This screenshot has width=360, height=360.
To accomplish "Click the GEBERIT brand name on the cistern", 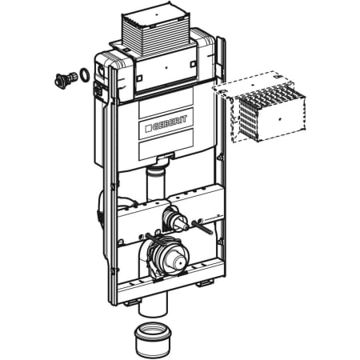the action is pyautogui.click(x=170, y=123).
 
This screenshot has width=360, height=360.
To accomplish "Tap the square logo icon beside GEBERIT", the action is pyautogui.click(x=148, y=129).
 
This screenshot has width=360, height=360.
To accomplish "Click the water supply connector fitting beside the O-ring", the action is pyautogui.click(x=65, y=79).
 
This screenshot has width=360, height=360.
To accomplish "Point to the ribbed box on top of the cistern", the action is pyautogui.click(x=157, y=32).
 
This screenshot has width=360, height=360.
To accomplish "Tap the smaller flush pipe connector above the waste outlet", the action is pyautogui.click(x=175, y=219).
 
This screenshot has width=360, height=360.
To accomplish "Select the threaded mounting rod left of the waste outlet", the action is pyautogui.click(x=154, y=239).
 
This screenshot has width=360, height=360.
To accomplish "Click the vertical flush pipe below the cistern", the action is pyautogui.click(x=156, y=183).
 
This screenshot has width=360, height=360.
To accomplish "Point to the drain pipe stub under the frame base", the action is pyautogui.click(x=153, y=303).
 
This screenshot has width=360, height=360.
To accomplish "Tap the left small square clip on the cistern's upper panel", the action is pyautogui.click(x=139, y=78).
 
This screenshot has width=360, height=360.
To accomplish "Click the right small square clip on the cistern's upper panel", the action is pyautogui.click(x=192, y=65).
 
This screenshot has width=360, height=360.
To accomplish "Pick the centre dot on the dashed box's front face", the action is pyautogui.click(x=280, y=119).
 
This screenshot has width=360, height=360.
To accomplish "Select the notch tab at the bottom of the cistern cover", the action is pyautogui.click(x=166, y=157).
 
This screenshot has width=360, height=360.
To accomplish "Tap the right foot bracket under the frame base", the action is pyautogui.click(x=205, y=283).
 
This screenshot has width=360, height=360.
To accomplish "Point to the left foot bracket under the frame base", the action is pyautogui.click(x=132, y=302).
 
